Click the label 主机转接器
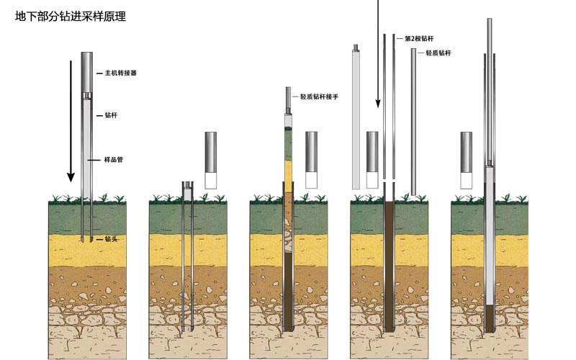tap(121, 73)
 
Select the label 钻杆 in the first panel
tap(111, 115)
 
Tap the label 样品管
tap(114, 159)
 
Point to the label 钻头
tap(111, 239)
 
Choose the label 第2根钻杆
tap(419, 37)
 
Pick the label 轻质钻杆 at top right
tap(438, 53)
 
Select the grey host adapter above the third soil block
tap(311, 151)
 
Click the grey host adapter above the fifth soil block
tap(467, 151)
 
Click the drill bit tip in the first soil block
tap(86, 240)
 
